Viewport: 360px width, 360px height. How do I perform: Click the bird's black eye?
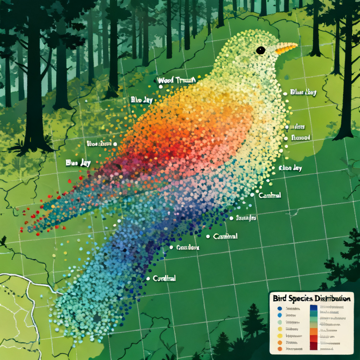[x=261, y=50]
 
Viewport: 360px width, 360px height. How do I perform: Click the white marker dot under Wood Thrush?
[x=160, y=86]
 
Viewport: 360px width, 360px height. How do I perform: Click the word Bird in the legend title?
[x=279, y=298]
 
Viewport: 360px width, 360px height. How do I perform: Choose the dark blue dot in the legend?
[x=279, y=308]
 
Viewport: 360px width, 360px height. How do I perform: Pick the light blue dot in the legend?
[x=279, y=315]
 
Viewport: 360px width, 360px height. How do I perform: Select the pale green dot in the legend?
[x=279, y=322]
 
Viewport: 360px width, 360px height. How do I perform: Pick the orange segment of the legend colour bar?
[x=314, y=331]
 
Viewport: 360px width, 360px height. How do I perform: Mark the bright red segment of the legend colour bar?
[x=314, y=338]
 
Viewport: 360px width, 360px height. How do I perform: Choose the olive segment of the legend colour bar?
[x=314, y=325]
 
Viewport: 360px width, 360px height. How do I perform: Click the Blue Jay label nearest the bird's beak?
[x=303, y=92]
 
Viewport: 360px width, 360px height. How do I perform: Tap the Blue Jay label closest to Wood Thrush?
[x=142, y=100]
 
